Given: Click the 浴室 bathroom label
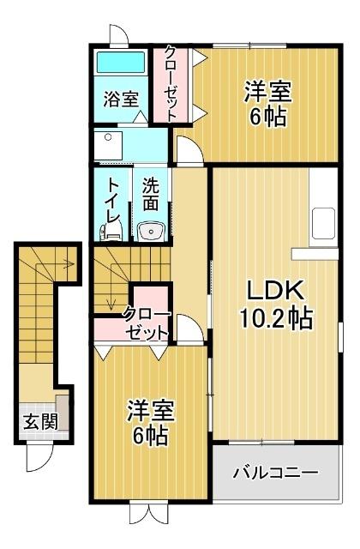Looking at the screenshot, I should (121, 99).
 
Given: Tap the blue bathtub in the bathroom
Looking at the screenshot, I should (120, 63).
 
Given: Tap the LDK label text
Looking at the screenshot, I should (264, 288).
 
